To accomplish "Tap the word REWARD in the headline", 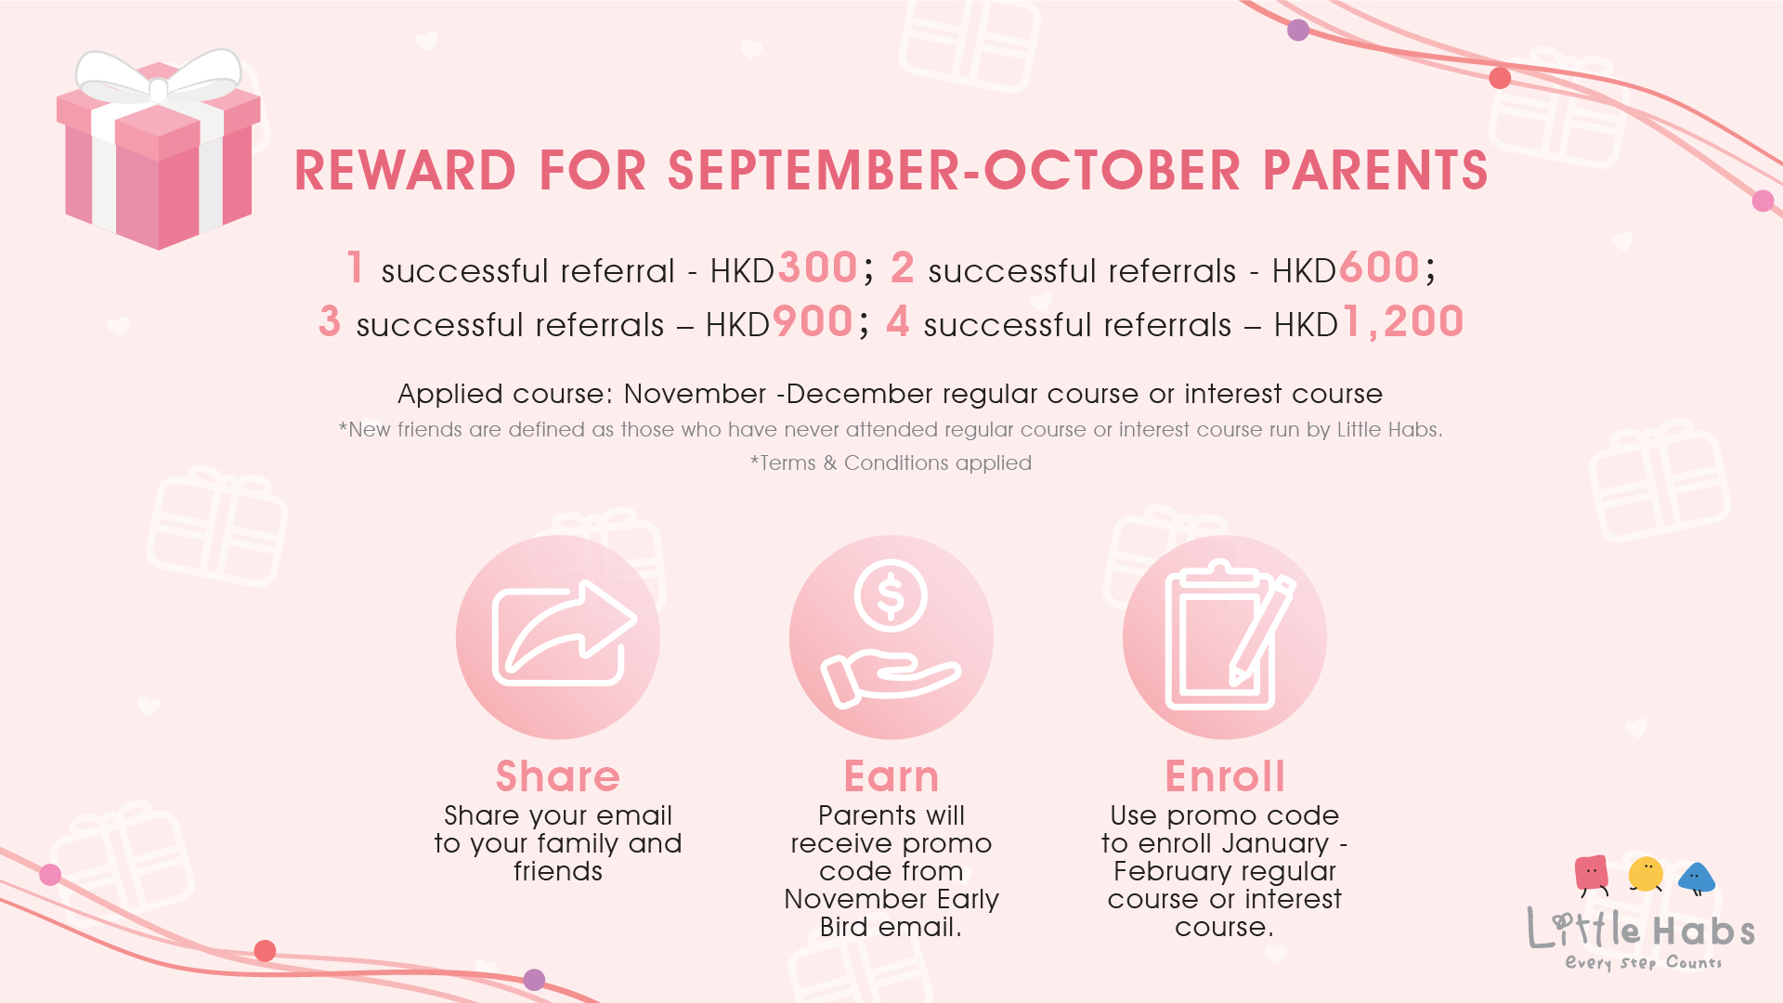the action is coord(405,171).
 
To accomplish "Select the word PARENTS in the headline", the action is coord(1375,171).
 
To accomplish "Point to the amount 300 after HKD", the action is coord(817,267).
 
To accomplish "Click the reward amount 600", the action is coord(1379,267).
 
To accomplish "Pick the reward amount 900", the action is coord(813,321).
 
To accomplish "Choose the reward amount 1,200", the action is coord(1403,322).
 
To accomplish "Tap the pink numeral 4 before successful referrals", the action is coord(898,321).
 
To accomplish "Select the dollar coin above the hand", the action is coord(891,595).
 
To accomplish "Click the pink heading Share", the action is coord(558,775).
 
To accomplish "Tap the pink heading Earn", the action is coord(891,775).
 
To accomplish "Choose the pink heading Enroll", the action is coord(1225,775).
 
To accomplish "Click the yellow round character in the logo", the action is coord(1646,874).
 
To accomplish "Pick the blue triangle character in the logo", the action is coord(1697,878).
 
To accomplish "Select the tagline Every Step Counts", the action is coord(1644,962).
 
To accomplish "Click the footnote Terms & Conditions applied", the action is coord(891,462).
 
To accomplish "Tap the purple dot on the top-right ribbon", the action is coord(1298,31).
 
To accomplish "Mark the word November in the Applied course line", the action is coord(695,394).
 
